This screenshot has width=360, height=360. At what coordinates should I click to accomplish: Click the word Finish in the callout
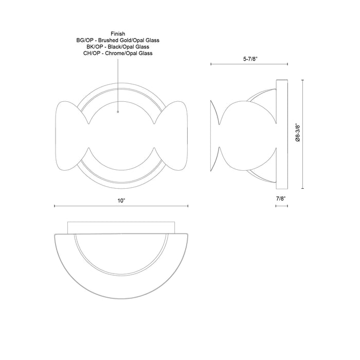click(118, 33)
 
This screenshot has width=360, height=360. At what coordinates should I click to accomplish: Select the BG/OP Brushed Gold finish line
click(118, 40)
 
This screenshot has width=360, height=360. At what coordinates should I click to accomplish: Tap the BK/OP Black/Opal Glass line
click(118, 46)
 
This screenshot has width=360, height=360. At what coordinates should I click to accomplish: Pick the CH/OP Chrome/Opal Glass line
click(118, 53)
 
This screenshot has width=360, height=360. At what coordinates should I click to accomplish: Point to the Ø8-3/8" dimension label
click(298, 132)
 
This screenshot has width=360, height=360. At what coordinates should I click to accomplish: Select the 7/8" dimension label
click(281, 198)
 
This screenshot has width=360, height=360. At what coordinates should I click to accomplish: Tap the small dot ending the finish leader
click(118, 111)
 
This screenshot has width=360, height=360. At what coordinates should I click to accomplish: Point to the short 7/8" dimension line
click(281, 206)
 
